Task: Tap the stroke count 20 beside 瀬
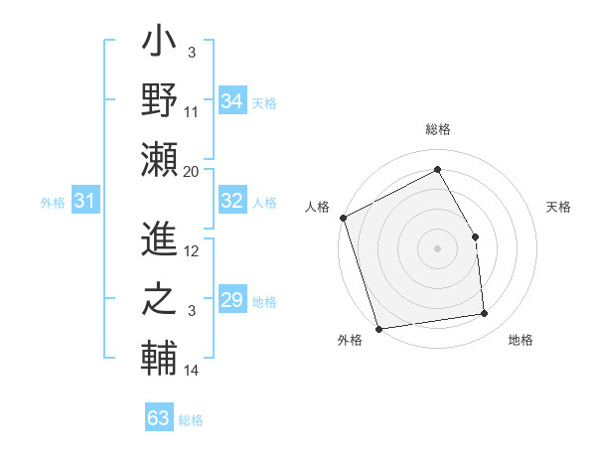[192, 171]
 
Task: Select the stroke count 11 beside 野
[192, 112]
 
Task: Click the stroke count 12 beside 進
[192, 251]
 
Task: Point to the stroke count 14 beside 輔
[192, 371]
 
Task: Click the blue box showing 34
[231, 100]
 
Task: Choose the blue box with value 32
[231, 201]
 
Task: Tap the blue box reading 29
[231, 300]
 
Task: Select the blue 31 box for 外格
[84, 202]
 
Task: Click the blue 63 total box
[158, 417]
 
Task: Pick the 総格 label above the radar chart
[438, 129]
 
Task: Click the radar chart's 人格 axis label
[318, 207]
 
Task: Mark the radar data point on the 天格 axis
[475, 236]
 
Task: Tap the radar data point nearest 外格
[378, 327]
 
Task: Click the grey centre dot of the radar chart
[437, 248]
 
